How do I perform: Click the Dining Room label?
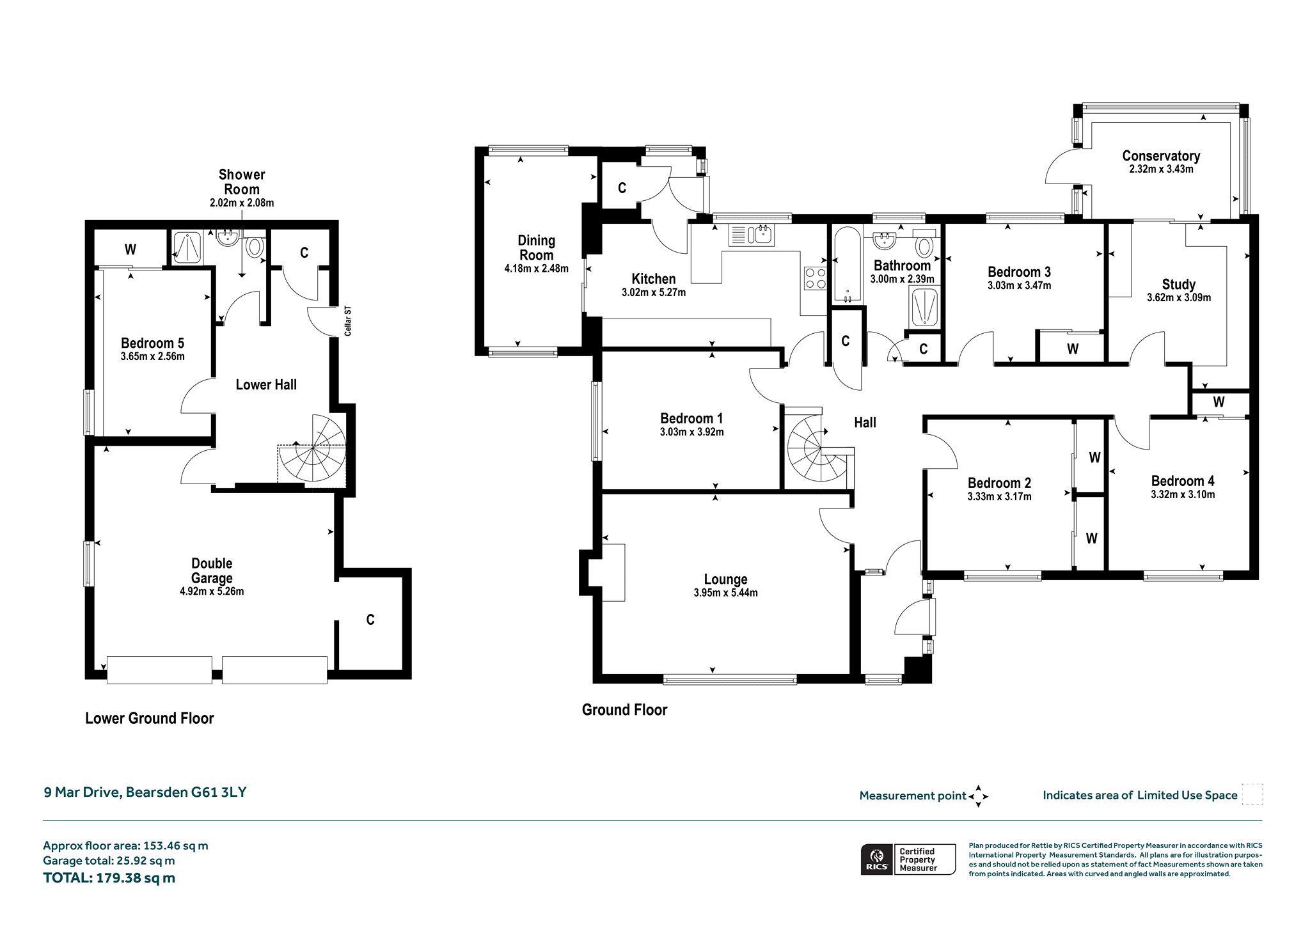tap(536, 247)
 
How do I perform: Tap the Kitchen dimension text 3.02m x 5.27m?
tap(653, 293)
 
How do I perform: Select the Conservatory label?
tap(1161, 155)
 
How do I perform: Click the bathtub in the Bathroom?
tap(847, 264)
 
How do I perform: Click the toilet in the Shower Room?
tap(256, 246)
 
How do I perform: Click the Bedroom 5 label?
tap(152, 343)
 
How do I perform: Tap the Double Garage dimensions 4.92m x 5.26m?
tap(212, 592)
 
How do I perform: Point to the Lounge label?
tap(725, 579)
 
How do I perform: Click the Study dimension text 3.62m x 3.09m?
tap(1179, 297)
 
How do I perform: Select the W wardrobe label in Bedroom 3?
tap(1073, 349)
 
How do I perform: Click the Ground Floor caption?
tap(624, 710)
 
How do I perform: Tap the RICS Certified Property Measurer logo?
tap(908, 859)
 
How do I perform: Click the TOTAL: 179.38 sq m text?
tap(109, 877)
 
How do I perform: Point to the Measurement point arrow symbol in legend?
tap(978, 796)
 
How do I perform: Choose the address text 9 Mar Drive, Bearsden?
tap(116, 792)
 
